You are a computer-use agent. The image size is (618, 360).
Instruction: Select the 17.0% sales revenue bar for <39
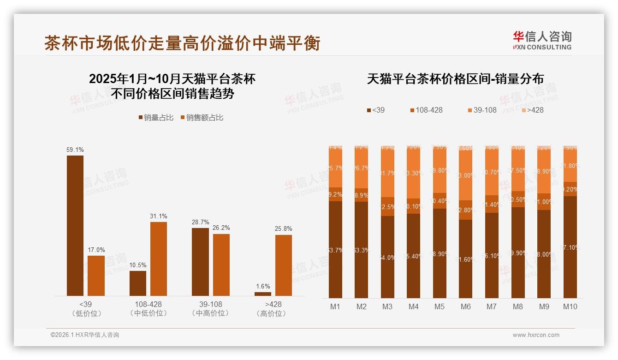pyautogui.click(x=96, y=276)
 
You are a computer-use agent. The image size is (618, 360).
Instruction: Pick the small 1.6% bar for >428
pyautogui.click(x=263, y=294)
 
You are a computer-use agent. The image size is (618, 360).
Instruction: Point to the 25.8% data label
pyautogui.click(x=284, y=229)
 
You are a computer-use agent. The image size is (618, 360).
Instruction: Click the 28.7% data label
pyautogui.click(x=200, y=222)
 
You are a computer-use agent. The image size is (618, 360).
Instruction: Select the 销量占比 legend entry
pyautogui.click(x=156, y=118)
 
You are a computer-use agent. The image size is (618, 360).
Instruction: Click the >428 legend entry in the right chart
pyautogui.click(x=532, y=110)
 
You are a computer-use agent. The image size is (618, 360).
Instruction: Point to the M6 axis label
pyautogui.click(x=466, y=306)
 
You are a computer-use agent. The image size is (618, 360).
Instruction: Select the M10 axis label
pyautogui.click(x=570, y=306)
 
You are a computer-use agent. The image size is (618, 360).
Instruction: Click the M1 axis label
pyautogui.click(x=335, y=306)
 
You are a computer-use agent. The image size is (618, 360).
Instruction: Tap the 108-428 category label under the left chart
pyautogui.click(x=148, y=305)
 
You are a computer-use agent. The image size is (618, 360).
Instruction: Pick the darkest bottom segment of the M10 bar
pyautogui.click(x=570, y=247)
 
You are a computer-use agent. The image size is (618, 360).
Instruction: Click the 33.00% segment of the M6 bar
pyautogui.click(x=466, y=175)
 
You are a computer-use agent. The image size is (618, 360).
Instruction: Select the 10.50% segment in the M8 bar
pyautogui.click(x=518, y=199)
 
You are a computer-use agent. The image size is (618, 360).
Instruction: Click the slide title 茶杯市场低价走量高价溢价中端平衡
pyautogui.click(x=182, y=43)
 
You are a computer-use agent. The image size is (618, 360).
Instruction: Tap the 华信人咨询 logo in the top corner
pyautogui.click(x=542, y=40)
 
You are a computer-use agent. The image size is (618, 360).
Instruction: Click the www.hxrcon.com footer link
pyautogui.click(x=536, y=335)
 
